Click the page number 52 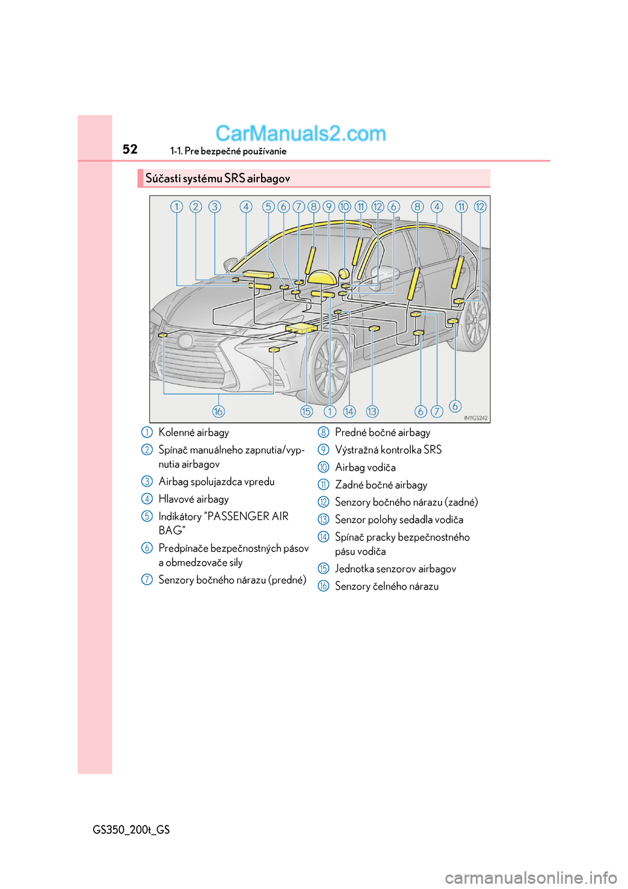[130, 149]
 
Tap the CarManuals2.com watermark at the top [300, 134]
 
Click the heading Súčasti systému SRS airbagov [218, 179]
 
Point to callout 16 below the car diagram [218, 411]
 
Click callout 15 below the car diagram [306, 411]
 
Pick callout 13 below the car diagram [372, 411]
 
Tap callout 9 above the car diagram [329, 207]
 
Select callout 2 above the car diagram [196, 207]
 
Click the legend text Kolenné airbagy [194, 433]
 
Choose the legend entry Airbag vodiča [365, 467]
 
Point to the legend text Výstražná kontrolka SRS [388, 450]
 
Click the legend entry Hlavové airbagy [194, 499]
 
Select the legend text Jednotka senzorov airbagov [395, 569]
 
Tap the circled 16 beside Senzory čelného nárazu [323, 587]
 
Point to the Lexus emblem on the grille [186, 340]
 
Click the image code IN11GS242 [476, 418]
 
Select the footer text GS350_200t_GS [131, 830]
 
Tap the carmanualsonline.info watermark [531, 877]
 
